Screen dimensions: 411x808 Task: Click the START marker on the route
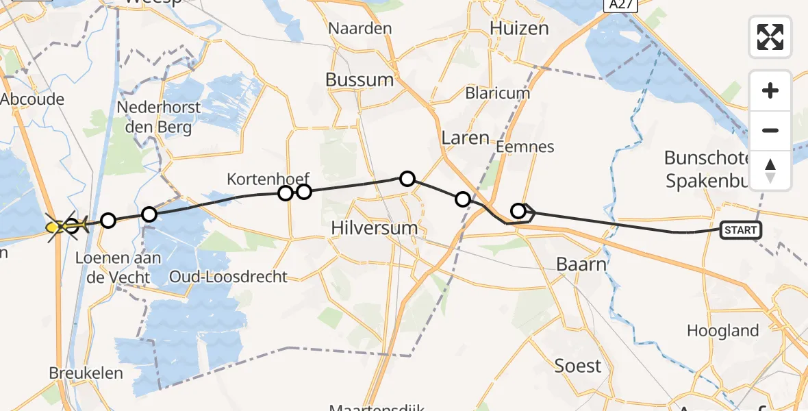[x=740, y=230]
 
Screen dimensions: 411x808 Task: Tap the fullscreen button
[x=770, y=37]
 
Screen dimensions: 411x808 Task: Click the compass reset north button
[x=770, y=171]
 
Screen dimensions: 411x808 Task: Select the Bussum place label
[x=359, y=79]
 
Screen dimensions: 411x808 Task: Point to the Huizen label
[x=520, y=28]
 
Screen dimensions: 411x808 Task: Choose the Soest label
[x=578, y=366]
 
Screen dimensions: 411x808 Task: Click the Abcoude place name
[x=32, y=99]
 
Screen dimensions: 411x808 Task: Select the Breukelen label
[x=86, y=373]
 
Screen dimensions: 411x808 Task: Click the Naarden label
[x=360, y=28]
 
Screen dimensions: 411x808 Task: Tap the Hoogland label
[x=722, y=331]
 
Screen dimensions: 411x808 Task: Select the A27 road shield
[x=620, y=5]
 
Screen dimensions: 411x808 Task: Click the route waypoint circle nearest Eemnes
[x=519, y=211]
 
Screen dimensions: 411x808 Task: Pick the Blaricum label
[x=498, y=93]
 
